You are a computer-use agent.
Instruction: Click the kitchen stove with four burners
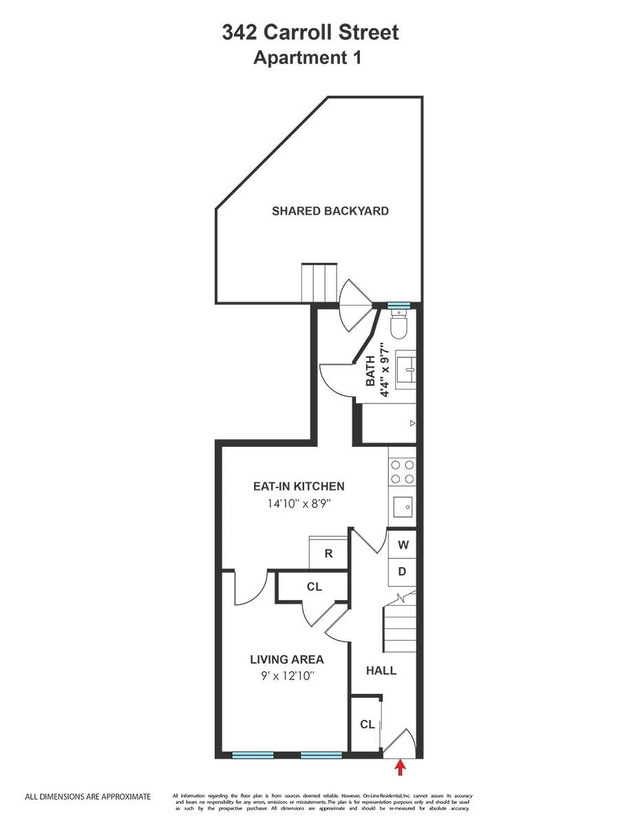403,472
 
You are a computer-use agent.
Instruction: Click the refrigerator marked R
328,553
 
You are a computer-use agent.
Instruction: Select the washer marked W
403,544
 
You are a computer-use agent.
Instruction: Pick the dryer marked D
403,571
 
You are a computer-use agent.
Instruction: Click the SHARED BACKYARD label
330,211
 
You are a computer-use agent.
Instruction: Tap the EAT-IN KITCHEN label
299,486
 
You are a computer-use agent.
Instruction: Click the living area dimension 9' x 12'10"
286,677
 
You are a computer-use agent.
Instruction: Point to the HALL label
381,670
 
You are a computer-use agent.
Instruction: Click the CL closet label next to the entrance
368,724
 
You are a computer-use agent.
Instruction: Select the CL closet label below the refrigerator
315,586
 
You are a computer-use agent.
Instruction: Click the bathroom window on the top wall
398,306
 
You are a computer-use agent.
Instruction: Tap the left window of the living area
253,755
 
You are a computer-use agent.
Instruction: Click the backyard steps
318,282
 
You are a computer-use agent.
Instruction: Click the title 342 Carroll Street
310,32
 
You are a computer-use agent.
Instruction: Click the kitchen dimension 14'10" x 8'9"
299,504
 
